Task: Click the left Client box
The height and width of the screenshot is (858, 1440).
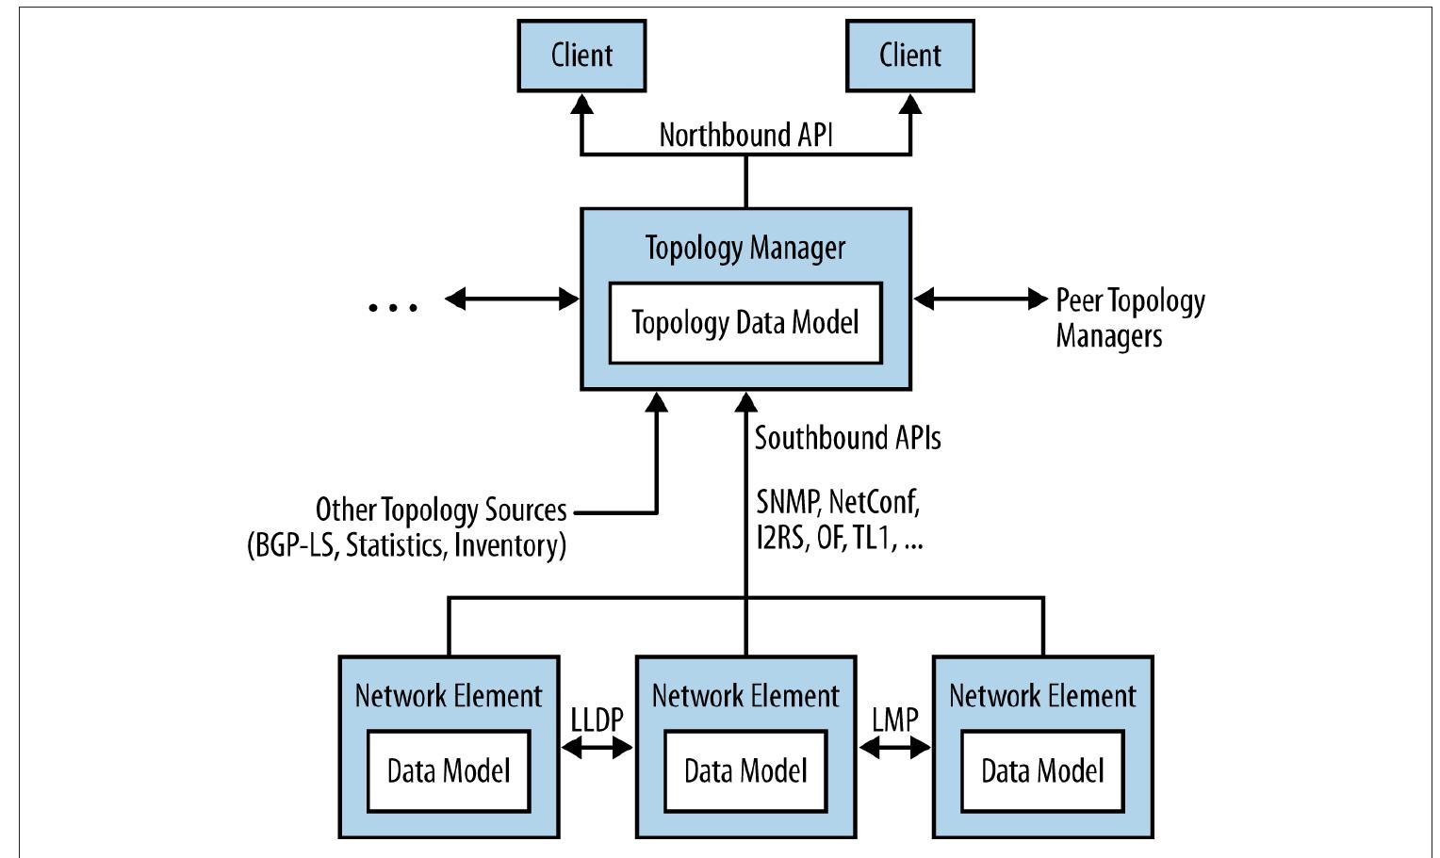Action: [581, 56]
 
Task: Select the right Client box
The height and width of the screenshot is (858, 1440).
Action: [909, 56]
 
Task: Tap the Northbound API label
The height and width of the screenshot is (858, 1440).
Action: [745, 135]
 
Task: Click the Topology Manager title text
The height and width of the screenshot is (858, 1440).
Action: [745, 248]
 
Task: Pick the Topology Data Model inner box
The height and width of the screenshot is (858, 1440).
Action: [745, 323]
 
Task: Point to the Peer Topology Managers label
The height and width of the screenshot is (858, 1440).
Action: [1129, 318]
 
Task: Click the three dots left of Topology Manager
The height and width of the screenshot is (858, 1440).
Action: [392, 305]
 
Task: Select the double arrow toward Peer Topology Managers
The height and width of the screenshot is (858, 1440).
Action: [980, 299]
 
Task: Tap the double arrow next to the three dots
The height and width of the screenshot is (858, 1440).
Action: [512, 299]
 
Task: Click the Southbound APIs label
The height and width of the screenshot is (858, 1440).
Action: [847, 438]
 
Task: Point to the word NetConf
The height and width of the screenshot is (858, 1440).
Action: [874, 502]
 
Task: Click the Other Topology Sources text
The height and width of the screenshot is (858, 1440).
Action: [441, 510]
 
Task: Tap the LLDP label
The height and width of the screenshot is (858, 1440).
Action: [597, 720]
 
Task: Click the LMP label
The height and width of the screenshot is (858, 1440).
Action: [894, 720]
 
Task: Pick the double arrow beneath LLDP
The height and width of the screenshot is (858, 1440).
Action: [597, 748]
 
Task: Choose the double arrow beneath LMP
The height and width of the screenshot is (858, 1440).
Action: [894, 748]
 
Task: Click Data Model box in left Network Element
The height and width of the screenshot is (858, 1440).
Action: [449, 771]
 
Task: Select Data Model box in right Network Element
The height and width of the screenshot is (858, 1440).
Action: [1041, 771]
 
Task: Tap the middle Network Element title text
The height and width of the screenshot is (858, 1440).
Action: [745, 696]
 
